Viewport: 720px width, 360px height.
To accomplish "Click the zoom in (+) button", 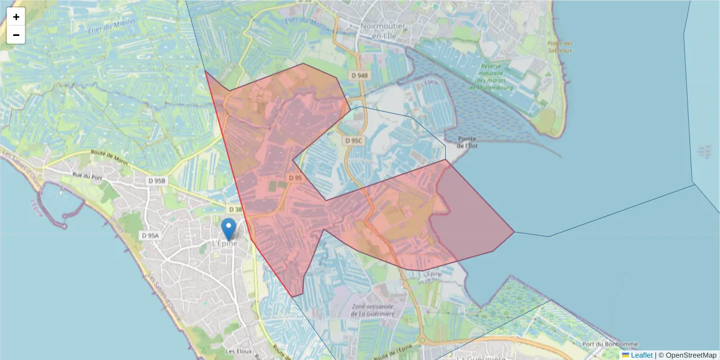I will click(16, 17).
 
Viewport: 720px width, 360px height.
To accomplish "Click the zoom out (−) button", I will click(16, 35).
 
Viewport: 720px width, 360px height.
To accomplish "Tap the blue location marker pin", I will click(229, 229).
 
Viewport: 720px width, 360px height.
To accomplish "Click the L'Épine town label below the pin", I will click(225, 244).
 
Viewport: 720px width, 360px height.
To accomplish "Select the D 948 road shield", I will click(359, 76).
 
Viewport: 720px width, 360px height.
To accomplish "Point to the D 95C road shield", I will click(354, 140).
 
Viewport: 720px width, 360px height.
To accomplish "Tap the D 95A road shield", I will click(150, 236).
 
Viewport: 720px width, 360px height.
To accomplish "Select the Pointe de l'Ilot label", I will click(466, 142).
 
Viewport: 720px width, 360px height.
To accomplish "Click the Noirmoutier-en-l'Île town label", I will click(384, 31).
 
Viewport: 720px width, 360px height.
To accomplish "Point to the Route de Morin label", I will click(110, 155).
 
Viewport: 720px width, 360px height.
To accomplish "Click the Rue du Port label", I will click(86, 176).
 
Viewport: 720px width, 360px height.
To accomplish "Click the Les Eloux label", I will click(238, 350).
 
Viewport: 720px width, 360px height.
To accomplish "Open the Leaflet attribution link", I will click(641, 355).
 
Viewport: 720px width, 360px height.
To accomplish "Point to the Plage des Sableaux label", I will click(560, 47).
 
